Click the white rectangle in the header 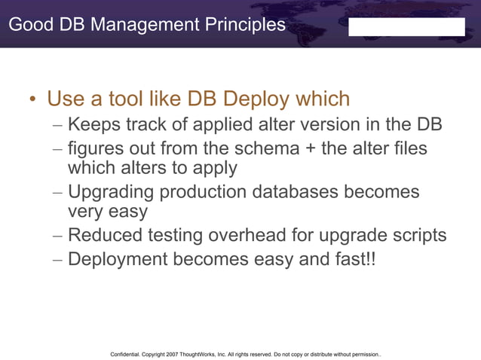(406, 27)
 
